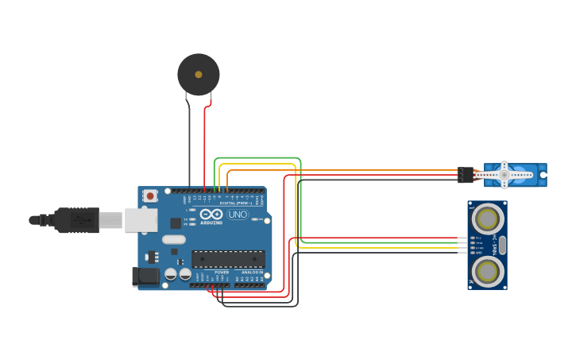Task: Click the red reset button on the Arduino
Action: (150, 195)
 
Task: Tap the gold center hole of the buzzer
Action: (198, 75)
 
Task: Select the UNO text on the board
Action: (238, 215)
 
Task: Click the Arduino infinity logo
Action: (211, 215)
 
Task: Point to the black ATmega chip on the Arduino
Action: (228, 259)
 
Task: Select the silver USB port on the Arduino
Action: (141, 220)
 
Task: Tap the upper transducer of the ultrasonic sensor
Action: (487, 218)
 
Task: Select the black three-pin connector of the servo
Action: (465, 175)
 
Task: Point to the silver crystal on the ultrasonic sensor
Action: (501, 245)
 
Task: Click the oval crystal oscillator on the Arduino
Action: (173, 239)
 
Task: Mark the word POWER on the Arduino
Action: (222, 273)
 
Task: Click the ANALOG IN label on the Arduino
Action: (252, 273)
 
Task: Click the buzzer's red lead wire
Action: (205, 143)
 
